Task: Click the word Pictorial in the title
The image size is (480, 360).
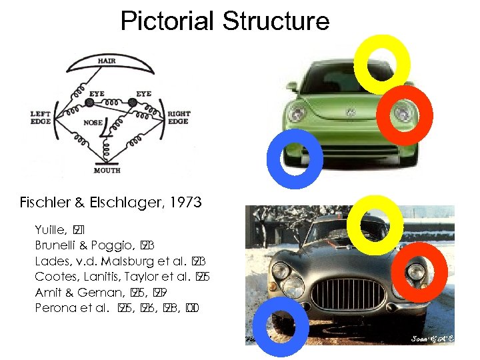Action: tap(168, 21)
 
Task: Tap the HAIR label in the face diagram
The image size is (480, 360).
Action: tap(107, 61)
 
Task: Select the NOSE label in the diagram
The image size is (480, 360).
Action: tap(93, 123)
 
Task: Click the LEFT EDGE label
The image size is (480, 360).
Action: tap(41, 117)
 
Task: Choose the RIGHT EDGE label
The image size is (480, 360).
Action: tap(179, 117)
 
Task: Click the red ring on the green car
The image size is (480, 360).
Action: tap(405, 115)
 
